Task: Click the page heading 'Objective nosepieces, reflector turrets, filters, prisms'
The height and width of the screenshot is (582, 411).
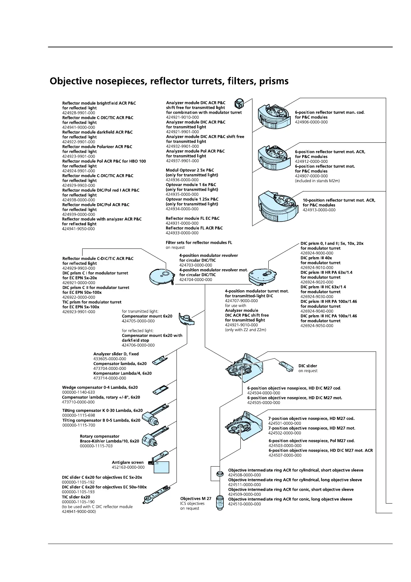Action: pyautogui.click(x=169, y=82)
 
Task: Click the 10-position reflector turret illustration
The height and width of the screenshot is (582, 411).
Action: pyautogui.click(x=278, y=206)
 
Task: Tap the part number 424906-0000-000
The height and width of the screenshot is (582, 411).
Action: pyautogui.click(x=311, y=122)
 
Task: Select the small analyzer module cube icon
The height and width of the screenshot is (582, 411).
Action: pyautogui.click(x=239, y=103)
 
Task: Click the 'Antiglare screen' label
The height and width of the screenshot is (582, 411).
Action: pyautogui.click(x=127, y=462)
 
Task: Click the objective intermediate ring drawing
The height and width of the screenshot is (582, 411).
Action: pyautogui.click(x=219, y=473)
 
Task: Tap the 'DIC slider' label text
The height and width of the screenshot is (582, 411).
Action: pyautogui.click(x=307, y=366)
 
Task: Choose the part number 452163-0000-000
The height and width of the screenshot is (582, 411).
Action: pyautogui.click(x=128, y=467)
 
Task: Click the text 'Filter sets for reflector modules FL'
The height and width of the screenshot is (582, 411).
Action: pyautogui.click(x=199, y=243)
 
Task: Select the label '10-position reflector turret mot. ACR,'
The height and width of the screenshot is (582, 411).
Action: pyautogui.click(x=339, y=200)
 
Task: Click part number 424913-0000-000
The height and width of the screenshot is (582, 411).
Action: pyautogui.click(x=319, y=210)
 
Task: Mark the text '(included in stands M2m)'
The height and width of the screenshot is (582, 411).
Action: pyautogui.click(x=317, y=181)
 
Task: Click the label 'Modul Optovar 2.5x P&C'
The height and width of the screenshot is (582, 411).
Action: pyautogui.click(x=190, y=170)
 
